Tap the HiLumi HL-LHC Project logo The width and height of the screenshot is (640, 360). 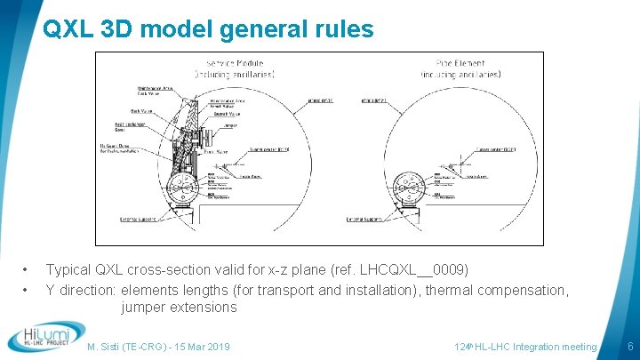(45, 337)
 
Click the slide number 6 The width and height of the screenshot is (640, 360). (629, 346)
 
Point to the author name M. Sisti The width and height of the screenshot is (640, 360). (112, 347)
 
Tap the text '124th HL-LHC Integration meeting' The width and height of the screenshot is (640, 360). (525, 347)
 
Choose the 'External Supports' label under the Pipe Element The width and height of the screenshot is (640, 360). (364, 218)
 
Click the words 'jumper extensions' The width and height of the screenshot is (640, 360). (179, 308)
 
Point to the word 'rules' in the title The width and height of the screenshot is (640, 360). (340, 29)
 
